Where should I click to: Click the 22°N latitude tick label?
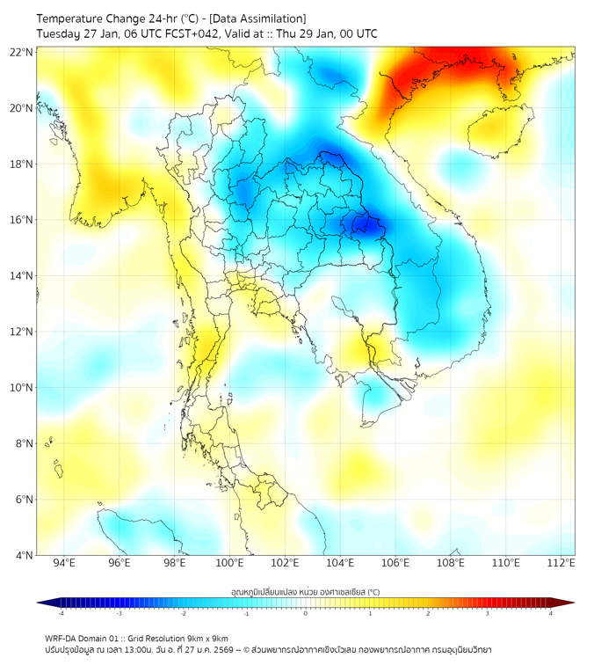(x=22, y=52)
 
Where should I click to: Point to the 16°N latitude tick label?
(x=22, y=220)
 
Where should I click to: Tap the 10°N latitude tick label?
(x=22, y=387)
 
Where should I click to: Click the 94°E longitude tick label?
(x=64, y=563)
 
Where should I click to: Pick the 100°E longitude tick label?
(x=230, y=563)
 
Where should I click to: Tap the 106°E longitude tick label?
(x=396, y=563)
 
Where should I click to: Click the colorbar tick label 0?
(x=306, y=613)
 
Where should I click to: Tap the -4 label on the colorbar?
(x=61, y=613)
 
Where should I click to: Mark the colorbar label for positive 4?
(x=551, y=613)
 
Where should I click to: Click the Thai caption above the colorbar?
(x=305, y=592)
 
